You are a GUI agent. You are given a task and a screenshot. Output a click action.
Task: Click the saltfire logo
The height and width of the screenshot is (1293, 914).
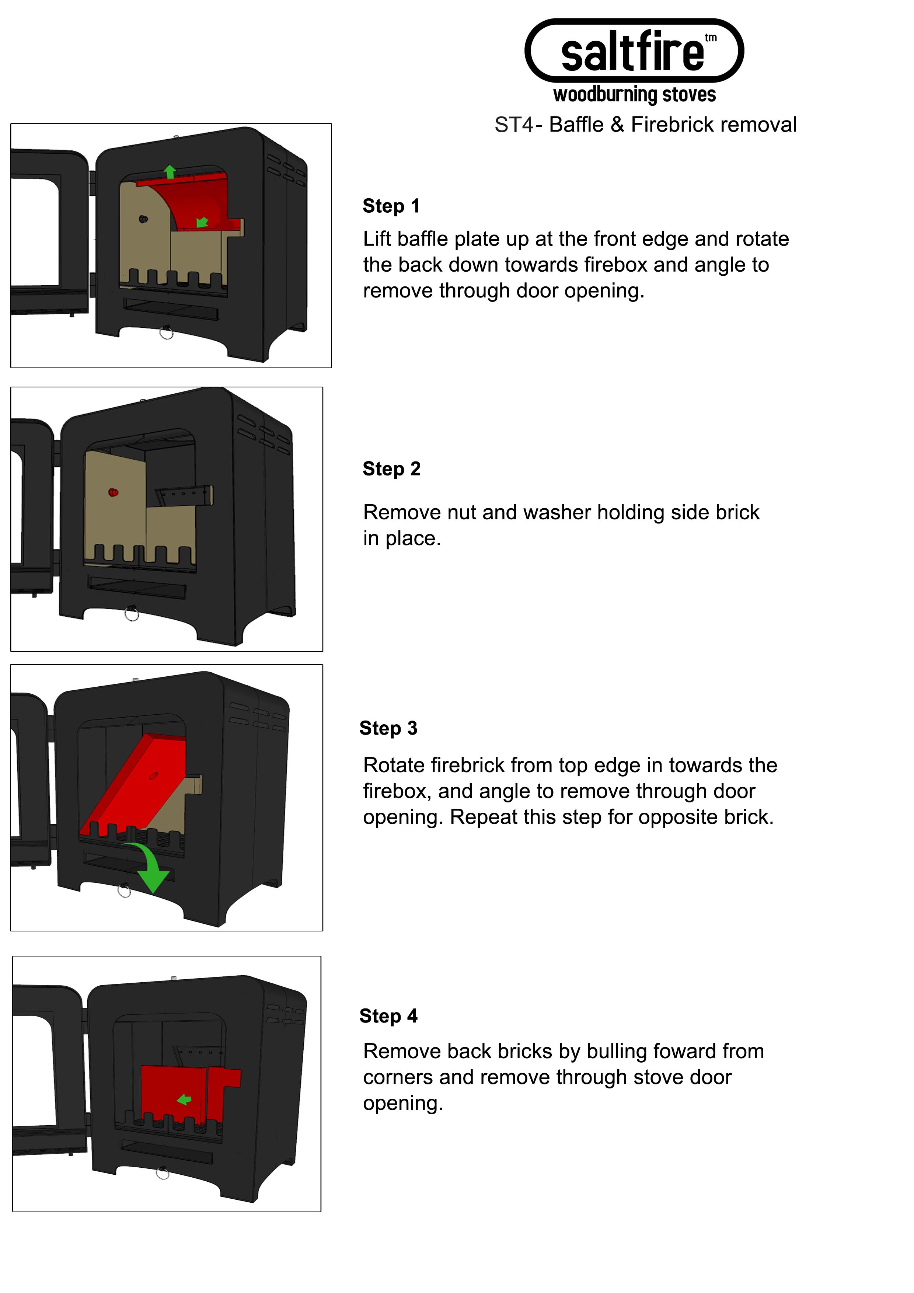tap(634, 51)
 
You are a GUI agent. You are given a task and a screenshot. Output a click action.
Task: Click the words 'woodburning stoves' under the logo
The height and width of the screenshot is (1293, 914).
tap(635, 95)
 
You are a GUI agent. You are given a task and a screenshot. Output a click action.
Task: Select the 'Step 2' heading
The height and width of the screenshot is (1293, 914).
tap(391, 468)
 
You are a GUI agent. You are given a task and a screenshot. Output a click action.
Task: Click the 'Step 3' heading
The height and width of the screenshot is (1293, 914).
tap(388, 728)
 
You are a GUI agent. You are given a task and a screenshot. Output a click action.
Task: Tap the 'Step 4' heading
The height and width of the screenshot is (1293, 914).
tap(388, 1016)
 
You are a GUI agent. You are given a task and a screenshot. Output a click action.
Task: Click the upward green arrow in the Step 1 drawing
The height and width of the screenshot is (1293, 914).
tap(170, 172)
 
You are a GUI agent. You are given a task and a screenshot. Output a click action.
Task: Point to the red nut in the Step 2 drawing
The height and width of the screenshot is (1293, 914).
tap(113, 492)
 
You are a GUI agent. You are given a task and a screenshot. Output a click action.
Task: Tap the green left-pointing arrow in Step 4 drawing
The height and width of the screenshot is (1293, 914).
tap(184, 1099)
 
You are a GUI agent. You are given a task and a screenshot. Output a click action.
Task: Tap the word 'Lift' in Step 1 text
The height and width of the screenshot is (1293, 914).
tap(377, 239)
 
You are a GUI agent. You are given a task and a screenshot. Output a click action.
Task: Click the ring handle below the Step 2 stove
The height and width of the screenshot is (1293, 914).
tap(132, 613)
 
